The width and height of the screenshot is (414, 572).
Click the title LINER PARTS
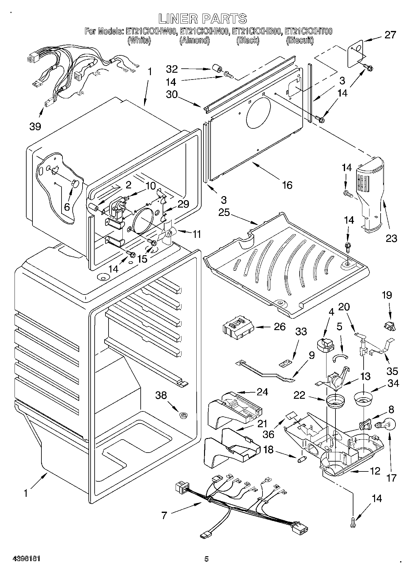(x=203, y=19)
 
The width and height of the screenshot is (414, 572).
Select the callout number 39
(x=36, y=126)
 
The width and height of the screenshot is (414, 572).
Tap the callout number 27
(x=390, y=35)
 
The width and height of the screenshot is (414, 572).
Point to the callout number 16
(x=287, y=185)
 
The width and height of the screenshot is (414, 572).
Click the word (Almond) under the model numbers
(x=195, y=41)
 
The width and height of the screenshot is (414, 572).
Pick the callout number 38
(x=161, y=395)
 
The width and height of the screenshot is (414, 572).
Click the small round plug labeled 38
(x=184, y=415)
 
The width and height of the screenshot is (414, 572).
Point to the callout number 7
(x=164, y=515)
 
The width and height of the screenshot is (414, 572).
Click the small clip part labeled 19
(x=390, y=326)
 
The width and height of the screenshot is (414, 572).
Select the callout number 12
(x=375, y=471)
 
